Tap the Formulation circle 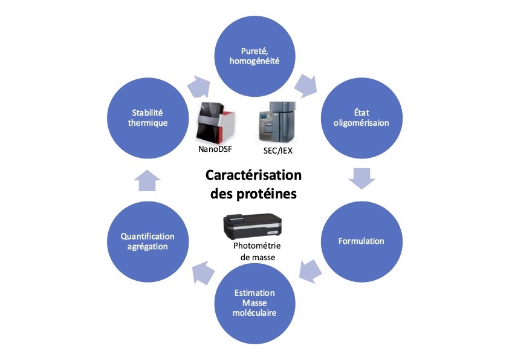[x=361, y=241]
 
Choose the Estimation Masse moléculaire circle [x=254, y=303]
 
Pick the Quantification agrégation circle [x=148, y=241]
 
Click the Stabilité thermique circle [x=148, y=117]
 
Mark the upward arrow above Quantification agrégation [x=148, y=180]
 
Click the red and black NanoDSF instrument [x=214, y=120]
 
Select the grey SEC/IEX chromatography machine [x=277, y=120]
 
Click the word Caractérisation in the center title [x=253, y=176]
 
